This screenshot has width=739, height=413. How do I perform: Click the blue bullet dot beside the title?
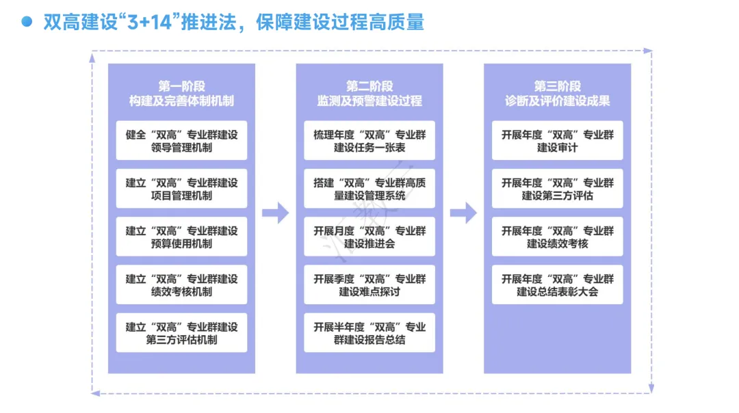(27, 21)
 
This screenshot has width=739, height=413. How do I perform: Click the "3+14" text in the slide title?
(150, 22)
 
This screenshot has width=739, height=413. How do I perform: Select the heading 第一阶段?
(181, 86)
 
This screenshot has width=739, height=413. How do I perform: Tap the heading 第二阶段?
(369, 86)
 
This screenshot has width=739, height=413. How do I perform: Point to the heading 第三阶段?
(557, 86)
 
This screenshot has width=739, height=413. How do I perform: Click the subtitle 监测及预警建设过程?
(369, 101)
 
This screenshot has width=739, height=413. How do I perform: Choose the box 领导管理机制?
(181, 141)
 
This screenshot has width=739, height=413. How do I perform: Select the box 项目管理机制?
(181, 189)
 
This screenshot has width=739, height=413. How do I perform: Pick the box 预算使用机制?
(181, 237)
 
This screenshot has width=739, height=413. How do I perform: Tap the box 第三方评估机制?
(181, 333)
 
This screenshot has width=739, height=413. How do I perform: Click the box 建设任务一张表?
(369, 141)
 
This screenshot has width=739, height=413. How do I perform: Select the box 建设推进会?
(369, 237)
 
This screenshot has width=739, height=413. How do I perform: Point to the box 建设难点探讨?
(369, 285)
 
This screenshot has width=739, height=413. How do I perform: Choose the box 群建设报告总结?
(369, 333)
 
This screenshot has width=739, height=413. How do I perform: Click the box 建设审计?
(557, 141)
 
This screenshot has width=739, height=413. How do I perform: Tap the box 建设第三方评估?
(557, 189)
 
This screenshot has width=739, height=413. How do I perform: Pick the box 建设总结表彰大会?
(557, 285)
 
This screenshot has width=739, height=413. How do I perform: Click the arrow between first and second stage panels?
(275, 213)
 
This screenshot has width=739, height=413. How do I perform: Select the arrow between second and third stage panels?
(463, 213)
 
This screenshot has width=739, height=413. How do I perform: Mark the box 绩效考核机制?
(181, 285)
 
